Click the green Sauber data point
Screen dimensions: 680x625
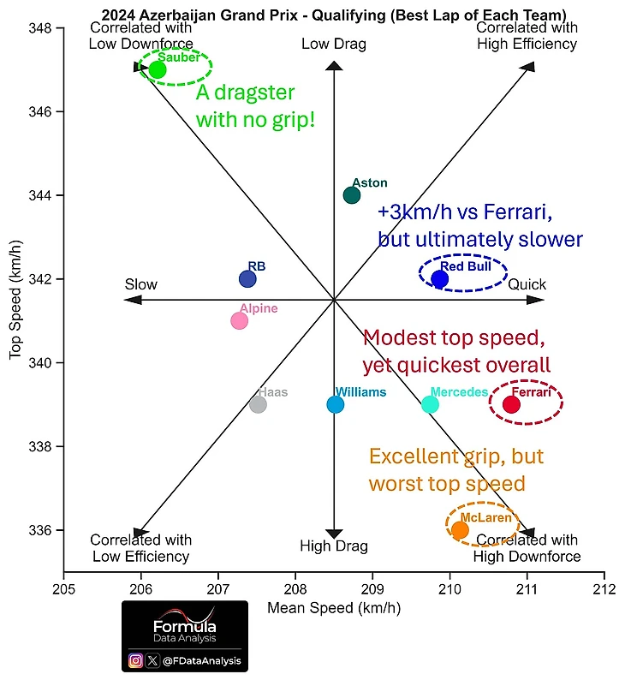(158, 69)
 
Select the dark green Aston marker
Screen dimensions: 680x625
(352, 195)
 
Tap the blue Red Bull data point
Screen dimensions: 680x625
(440, 278)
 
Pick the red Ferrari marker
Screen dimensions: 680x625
(511, 404)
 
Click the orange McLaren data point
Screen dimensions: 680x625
(460, 530)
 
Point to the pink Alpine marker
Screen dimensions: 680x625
(239, 320)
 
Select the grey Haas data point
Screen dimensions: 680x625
(258, 404)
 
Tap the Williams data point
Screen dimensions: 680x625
(336, 404)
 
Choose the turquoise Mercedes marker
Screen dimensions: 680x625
(430, 404)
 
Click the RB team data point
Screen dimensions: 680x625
(247, 278)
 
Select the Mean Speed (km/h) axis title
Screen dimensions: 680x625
(334, 609)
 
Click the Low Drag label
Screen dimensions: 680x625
(334, 45)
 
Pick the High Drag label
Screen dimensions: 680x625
(334, 546)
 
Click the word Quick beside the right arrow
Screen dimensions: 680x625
(527, 285)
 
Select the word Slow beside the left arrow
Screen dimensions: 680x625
(141, 285)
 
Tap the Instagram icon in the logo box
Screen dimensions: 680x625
(135, 660)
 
